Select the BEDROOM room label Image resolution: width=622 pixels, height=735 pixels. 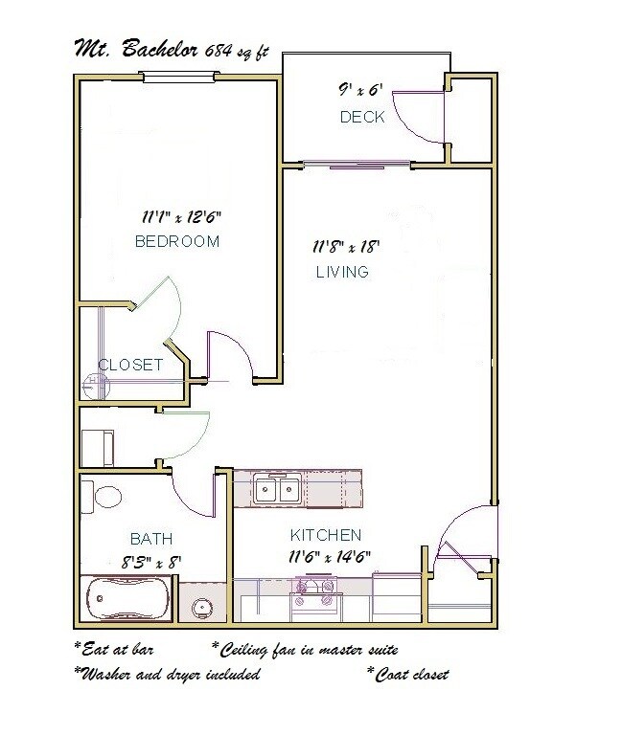tap(176, 242)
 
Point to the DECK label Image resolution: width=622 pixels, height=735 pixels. tap(361, 118)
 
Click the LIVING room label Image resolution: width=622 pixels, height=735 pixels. tap(342, 272)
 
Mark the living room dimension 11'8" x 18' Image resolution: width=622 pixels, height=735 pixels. tap(345, 247)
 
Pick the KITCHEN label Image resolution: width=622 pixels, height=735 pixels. tap(326, 534)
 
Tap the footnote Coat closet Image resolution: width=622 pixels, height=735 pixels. tap(408, 675)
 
